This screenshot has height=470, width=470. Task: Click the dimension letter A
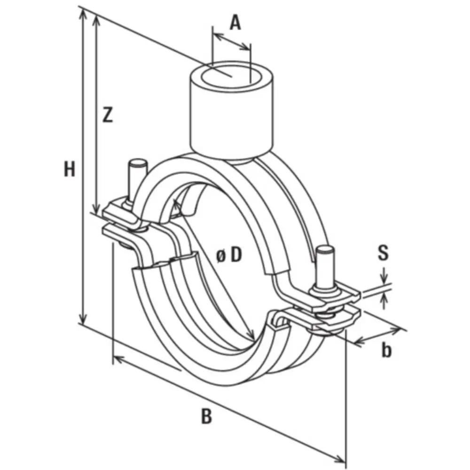click(x=235, y=22)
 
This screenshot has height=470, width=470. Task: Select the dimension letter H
click(x=70, y=169)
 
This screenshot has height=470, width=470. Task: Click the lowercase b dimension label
click(x=386, y=350)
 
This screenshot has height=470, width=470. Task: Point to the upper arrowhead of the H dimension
click(x=83, y=13)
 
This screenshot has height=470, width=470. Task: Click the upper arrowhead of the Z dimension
click(x=97, y=19)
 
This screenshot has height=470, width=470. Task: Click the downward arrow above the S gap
click(x=385, y=277)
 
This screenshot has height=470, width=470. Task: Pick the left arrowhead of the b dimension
click(x=357, y=342)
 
